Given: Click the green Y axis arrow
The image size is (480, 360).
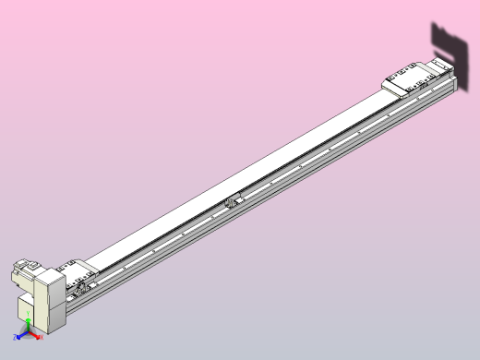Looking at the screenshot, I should click(29, 323).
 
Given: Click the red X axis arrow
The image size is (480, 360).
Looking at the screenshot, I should click(36, 335).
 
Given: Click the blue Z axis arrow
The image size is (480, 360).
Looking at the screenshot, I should click(22, 335).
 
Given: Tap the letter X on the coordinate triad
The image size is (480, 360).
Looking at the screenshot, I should click(42, 338).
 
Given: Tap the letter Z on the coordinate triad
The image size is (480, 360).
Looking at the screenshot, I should click(16, 338).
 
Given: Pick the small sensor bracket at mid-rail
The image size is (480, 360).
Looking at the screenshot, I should click(234, 200).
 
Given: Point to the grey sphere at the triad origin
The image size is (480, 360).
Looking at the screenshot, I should click(29, 331).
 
